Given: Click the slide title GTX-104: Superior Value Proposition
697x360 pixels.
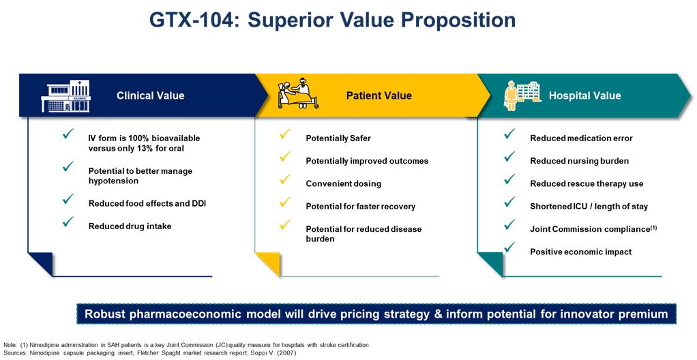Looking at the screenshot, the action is point(333,21).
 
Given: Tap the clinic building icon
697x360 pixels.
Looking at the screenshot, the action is point(65,95).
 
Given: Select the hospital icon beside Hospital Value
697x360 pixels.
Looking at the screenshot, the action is point(522,95).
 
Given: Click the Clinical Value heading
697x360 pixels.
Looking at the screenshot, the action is point(150,95).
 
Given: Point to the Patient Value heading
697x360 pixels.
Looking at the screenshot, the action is point(379,95).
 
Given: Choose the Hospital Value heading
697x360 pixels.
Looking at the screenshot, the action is point(584,95).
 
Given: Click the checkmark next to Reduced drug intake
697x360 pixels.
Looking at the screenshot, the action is point(68,222).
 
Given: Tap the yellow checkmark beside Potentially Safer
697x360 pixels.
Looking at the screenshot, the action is point(285,134).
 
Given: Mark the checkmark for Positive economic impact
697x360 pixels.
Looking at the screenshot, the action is point(510,247).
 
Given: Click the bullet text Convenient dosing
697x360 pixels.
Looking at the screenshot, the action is point(343,183).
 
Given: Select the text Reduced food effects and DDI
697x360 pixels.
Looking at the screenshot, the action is point(147,204).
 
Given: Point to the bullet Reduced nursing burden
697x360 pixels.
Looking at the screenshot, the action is point(579,161).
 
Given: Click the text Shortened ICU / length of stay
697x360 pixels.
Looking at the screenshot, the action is point(589,206).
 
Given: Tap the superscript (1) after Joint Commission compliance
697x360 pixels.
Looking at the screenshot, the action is point(653,228).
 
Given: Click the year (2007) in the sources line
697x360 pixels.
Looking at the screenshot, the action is point(286,353).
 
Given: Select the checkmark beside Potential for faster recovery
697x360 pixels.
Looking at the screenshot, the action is point(285,202).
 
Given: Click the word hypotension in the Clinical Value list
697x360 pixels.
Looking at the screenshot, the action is point(113,181).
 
